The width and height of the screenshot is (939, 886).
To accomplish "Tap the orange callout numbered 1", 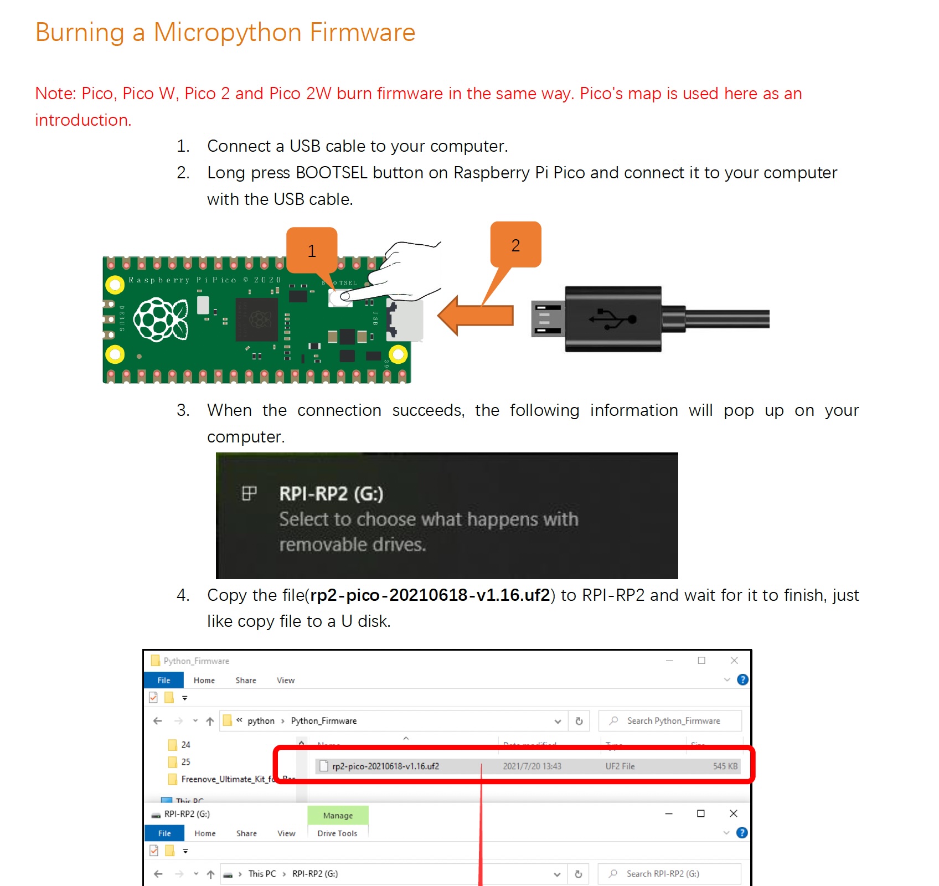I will click(312, 250).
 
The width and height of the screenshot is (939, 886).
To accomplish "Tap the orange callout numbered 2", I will click(515, 245).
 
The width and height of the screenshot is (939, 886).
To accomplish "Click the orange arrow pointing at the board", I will click(476, 316).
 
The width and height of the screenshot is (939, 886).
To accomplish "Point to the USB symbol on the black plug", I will click(612, 319).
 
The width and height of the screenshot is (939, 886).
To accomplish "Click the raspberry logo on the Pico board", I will click(161, 320).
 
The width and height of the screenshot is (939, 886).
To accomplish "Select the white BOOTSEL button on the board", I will click(340, 298).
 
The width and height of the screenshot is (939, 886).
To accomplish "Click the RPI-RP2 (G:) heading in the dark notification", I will click(331, 493).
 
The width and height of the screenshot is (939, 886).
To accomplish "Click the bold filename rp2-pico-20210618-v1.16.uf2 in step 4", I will click(430, 595).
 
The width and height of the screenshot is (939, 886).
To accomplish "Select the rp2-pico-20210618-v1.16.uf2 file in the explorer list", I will click(385, 766).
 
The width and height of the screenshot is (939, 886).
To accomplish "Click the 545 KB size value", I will click(725, 766).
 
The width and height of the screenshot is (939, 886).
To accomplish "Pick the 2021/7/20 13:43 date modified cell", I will click(532, 766).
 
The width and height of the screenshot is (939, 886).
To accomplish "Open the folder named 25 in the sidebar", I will click(185, 762).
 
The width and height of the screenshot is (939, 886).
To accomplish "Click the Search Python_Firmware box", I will click(673, 721).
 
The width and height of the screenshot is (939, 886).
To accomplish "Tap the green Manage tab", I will click(338, 815).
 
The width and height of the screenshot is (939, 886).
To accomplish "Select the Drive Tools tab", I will click(337, 833).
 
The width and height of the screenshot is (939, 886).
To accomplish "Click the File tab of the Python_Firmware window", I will click(163, 681).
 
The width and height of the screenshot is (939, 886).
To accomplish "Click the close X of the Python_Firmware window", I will click(734, 661).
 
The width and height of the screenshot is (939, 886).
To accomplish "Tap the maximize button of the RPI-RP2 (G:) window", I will click(701, 813).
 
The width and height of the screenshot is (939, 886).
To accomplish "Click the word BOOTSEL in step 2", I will click(331, 173).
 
